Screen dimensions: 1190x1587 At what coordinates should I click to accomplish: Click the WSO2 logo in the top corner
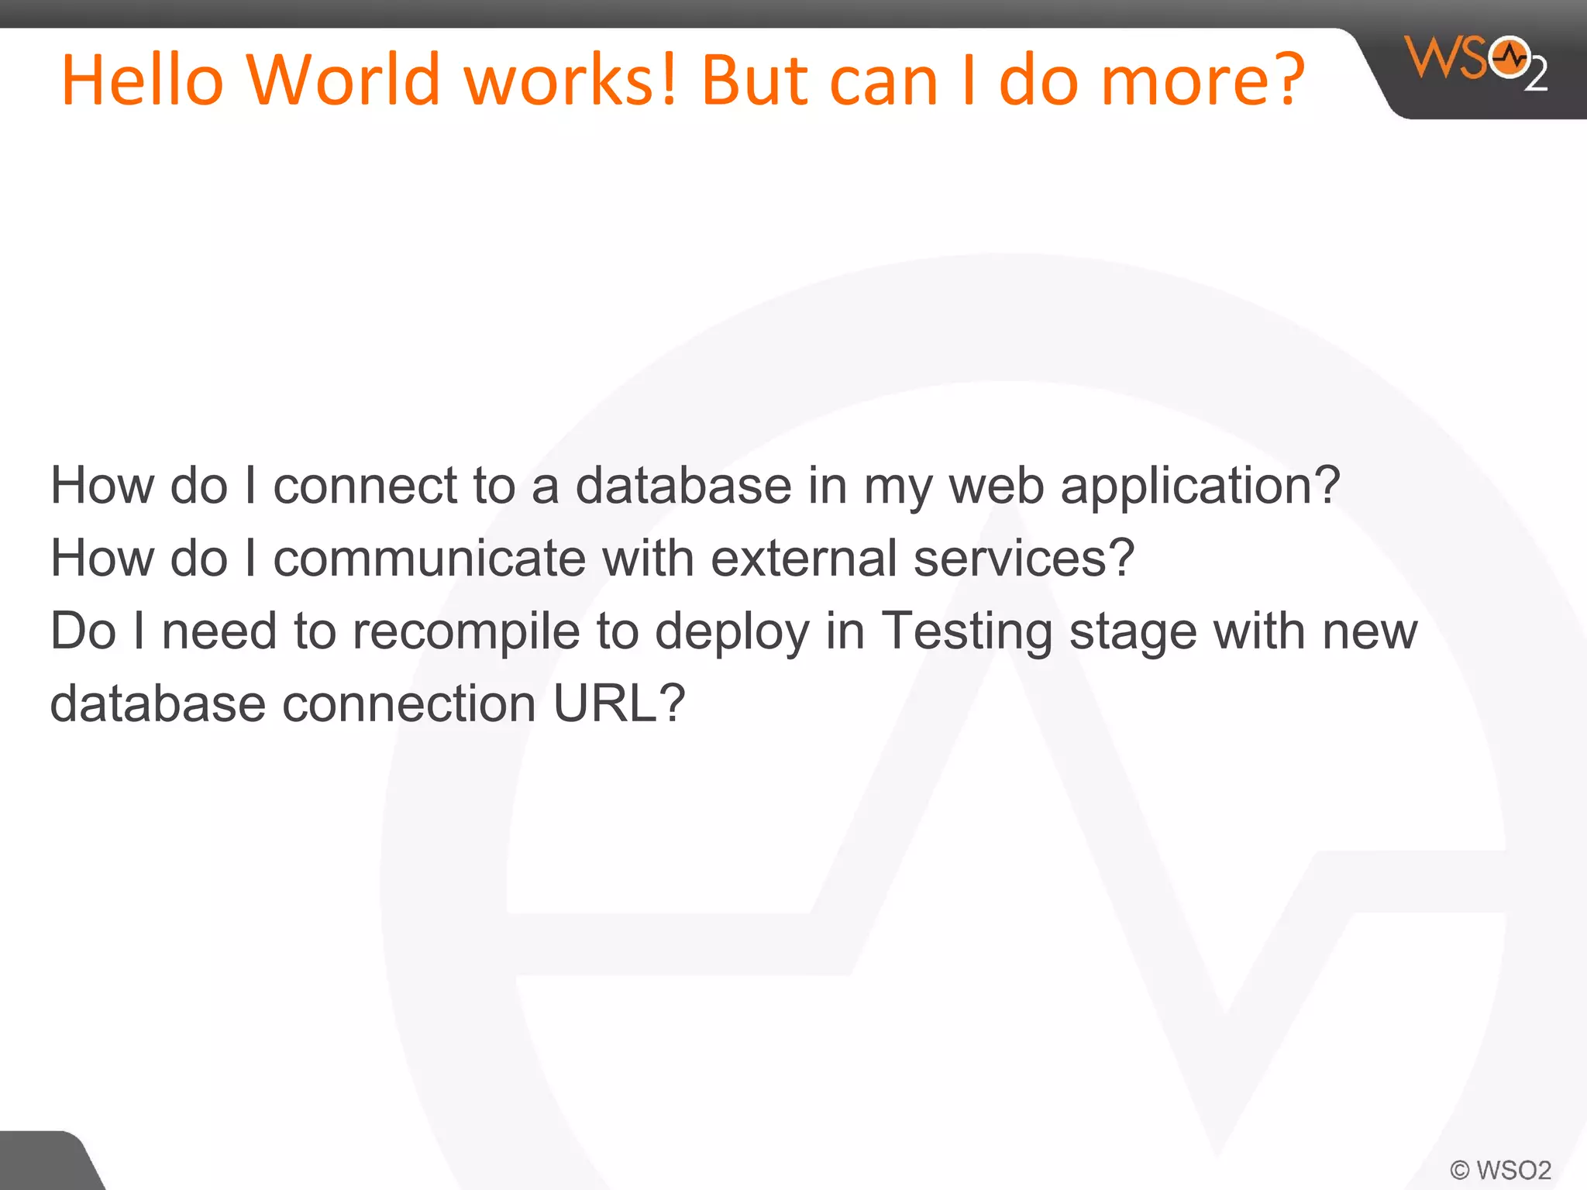pyautogui.click(x=1475, y=62)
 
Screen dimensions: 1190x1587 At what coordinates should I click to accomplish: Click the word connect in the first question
pyautogui.click(x=364, y=486)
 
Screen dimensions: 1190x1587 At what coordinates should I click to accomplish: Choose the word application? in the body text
pyautogui.click(x=1200, y=486)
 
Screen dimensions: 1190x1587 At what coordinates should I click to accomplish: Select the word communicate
pyautogui.click(x=429, y=558)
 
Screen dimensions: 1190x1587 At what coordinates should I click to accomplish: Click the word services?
pyautogui.click(x=1024, y=558)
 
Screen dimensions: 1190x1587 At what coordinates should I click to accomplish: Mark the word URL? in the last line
pyautogui.click(x=618, y=703)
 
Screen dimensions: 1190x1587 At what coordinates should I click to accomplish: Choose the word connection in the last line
pyautogui.click(x=409, y=703)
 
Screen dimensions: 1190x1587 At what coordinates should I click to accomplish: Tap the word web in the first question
pyautogui.click(x=997, y=486)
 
